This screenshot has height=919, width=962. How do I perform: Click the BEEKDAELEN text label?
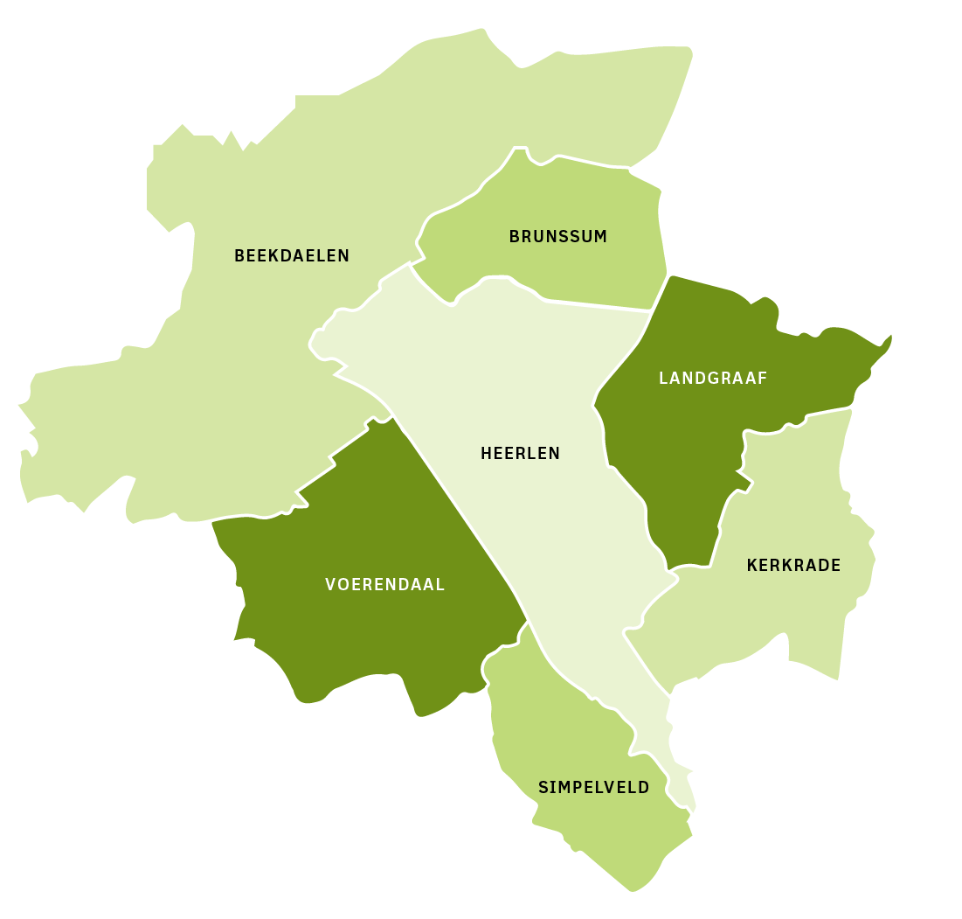[x=291, y=256]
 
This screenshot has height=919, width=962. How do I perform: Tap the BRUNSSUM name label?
[x=557, y=237]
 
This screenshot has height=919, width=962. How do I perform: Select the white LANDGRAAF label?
[x=713, y=379]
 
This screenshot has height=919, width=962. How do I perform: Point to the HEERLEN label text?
[x=520, y=454]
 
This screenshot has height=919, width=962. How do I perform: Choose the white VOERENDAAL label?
[x=384, y=585]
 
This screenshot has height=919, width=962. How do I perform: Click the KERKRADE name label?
[x=793, y=566]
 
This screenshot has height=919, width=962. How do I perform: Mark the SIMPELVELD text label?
[x=593, y=788]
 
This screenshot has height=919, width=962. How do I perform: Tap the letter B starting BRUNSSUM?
[x=514, y=237]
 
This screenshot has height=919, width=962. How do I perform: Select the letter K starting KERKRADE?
[x=751, y=566]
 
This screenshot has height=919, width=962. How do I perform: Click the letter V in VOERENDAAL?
[x=330, y=585]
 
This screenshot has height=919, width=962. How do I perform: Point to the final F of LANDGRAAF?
[x=763, y=379]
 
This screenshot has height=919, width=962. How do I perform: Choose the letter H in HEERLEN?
[x=486, y=454]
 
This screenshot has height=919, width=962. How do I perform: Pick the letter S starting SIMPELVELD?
[x=543, y=788]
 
